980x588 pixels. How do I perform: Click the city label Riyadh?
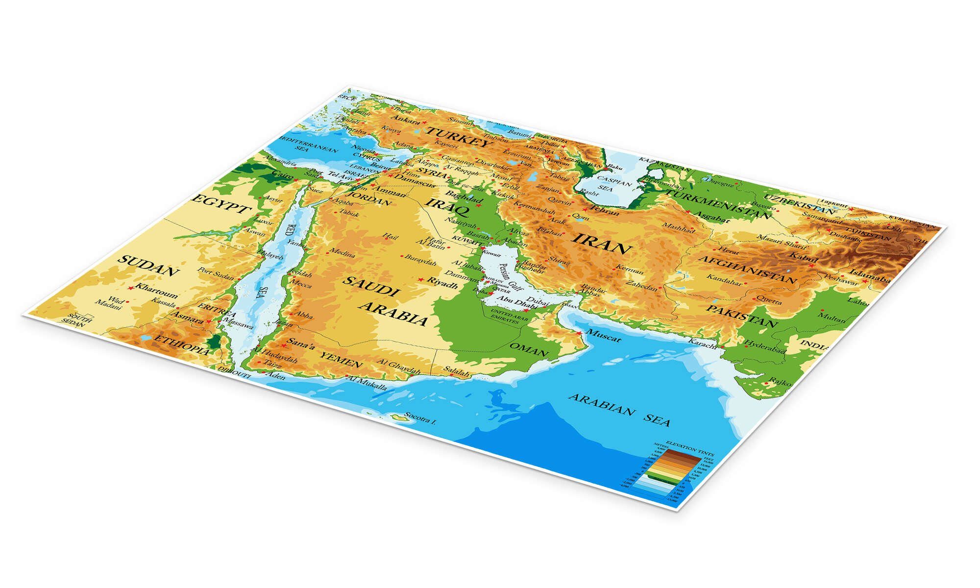443,283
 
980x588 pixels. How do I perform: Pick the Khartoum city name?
156,291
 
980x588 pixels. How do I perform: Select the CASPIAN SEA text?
610,184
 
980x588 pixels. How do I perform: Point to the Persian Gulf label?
511,278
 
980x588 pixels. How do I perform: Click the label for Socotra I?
420,419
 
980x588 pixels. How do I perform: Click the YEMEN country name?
341,360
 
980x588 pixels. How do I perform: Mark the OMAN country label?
529,350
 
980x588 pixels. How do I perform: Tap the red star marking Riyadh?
420,279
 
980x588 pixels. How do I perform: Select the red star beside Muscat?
579,333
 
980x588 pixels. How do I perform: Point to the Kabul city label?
804,257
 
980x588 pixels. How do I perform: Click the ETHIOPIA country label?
182,344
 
